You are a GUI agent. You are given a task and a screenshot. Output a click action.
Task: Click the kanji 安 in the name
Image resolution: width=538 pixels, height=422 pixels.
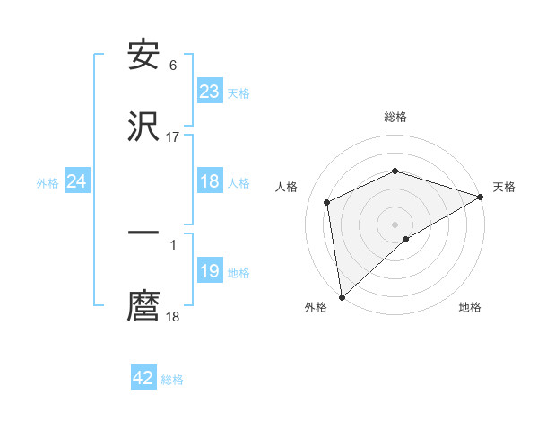143,55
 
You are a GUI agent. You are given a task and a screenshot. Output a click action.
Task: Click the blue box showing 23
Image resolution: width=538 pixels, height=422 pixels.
209,92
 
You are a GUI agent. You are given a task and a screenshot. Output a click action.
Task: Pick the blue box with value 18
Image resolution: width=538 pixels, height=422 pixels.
209,181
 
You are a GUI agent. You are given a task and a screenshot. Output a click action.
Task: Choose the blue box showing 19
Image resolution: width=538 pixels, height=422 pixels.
209,271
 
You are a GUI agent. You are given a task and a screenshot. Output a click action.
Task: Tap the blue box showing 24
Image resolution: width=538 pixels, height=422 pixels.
76,181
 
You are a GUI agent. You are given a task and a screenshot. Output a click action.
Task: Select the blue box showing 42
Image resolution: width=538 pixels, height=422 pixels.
143,378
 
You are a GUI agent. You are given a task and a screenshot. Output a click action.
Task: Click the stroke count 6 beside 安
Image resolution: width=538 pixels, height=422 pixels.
173,65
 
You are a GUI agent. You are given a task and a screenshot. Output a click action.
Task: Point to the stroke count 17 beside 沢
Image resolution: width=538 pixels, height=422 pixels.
173,136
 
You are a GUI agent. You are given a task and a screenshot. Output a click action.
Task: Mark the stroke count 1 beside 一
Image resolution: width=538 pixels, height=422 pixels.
173,244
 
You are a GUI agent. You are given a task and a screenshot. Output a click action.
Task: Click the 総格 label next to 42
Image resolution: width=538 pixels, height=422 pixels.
172,380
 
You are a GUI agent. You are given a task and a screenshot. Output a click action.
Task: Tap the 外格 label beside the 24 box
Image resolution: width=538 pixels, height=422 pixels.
48,182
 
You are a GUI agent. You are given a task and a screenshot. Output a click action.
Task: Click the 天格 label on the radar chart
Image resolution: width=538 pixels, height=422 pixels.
504,187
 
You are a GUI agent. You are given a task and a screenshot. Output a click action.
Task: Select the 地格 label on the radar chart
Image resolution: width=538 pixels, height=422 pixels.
470,307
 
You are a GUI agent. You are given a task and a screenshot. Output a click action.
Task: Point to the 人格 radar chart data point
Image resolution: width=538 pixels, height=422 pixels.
327,202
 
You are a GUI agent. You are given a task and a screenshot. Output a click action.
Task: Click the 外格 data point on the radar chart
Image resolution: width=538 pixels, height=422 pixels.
342,296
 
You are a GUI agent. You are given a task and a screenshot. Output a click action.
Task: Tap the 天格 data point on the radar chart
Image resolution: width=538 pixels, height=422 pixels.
480,197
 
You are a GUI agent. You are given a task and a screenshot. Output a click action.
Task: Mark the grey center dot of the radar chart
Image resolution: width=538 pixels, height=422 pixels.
395,224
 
